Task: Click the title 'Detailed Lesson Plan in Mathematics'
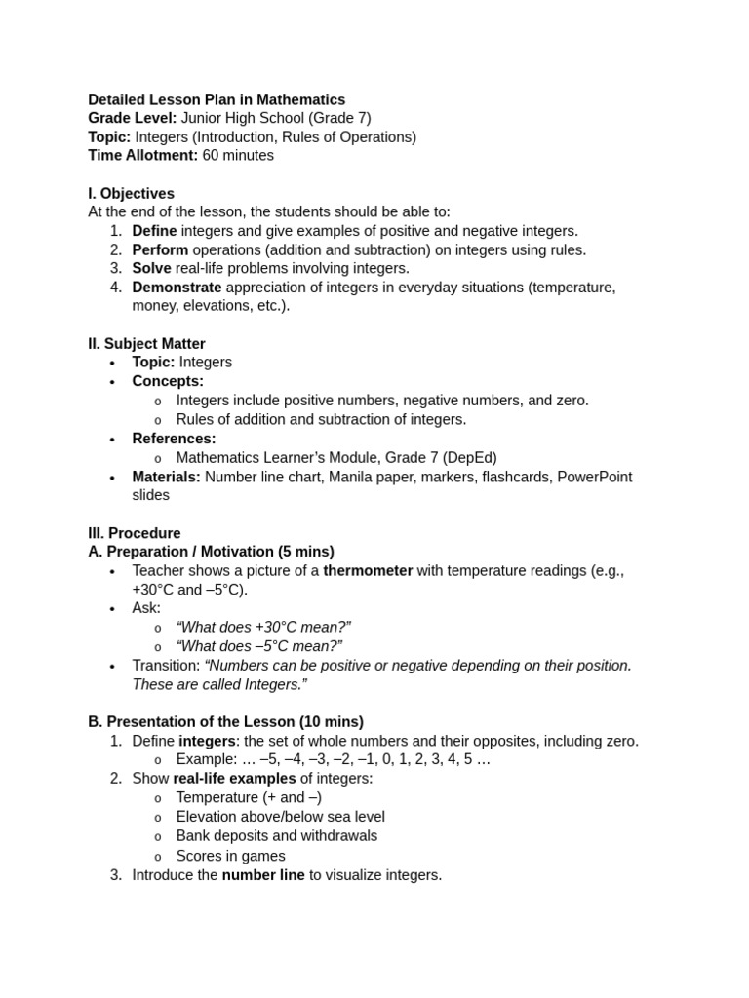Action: (x=217, y=99)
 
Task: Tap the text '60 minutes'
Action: (x=238, y=155)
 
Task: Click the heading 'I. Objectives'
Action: (x=131, y=194)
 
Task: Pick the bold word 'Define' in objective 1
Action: (x=154, y=231)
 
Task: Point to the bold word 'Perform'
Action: (x=160, y=249)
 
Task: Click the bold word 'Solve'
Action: (x=151, y=268)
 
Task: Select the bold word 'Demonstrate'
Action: (x=177, y=288)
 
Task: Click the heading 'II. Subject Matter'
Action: (x=146, y=344)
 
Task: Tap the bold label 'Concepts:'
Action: (x=168, y=381)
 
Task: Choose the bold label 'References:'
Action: (x=174, y=439)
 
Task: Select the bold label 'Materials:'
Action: (x=166, y=477)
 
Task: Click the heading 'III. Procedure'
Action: (x=135, y=533)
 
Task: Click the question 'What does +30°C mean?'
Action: (x=263, y=627)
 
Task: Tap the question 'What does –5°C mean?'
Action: (x=258, y=646)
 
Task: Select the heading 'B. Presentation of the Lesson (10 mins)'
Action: (x=225, y=721)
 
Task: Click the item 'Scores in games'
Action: (x=231, y=856)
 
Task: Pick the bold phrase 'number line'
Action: (x=263, y=875)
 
